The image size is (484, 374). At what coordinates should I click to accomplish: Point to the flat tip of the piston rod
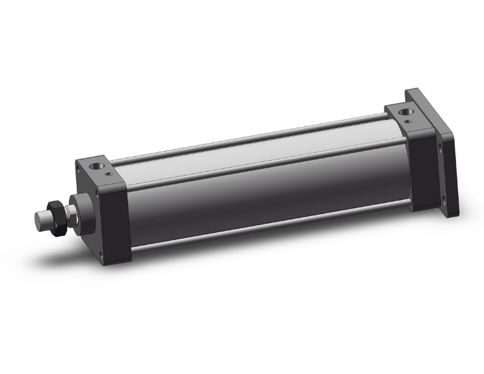click(x=40, y=219)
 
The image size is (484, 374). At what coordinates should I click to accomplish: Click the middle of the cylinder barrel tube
click(x=260, y=189)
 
